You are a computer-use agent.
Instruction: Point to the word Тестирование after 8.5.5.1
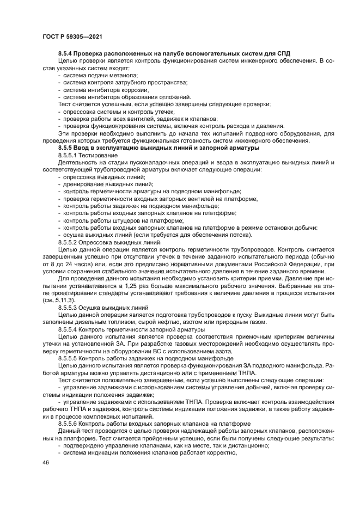[x=99, y=156]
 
